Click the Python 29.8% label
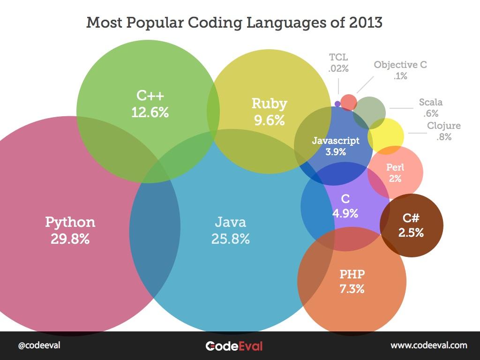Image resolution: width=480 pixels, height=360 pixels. pos(70,230)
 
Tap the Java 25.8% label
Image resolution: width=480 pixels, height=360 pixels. pos(230,230)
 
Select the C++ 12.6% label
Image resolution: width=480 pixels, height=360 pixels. pos(150,104)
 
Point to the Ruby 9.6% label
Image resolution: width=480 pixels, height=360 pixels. pos(269,112)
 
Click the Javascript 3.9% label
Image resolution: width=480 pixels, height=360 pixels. pos(336,146)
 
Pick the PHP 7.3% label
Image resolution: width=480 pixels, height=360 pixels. pos(352,281)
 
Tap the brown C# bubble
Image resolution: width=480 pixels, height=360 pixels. pos(412,225)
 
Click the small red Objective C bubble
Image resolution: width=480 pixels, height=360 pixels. pos(348,102)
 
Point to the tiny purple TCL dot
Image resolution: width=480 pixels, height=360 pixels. pos(337,104)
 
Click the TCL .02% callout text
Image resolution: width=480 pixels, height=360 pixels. pos(338,63)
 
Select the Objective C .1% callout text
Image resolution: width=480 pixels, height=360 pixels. pos(400,70)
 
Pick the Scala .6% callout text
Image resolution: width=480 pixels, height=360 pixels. pos(430,107)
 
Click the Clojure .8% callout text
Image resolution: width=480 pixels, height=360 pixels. pos(443,131)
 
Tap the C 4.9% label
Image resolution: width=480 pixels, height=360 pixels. pos(345,206)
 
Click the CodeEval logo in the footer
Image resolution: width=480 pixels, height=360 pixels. pos(234,346)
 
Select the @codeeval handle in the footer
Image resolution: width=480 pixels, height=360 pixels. pos(39,345)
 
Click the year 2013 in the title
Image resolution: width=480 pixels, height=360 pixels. pos(365,22)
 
